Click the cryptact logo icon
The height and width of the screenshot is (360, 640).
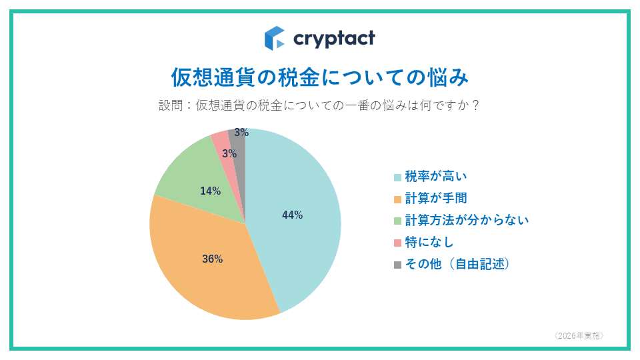(x=275, y=38)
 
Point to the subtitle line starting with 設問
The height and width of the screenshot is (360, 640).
(x=320, y=106)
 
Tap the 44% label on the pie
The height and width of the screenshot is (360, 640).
(x=292, y=215)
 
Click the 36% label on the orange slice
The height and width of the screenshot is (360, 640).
(x=212, y=259)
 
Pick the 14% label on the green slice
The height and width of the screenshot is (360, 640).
(x=210, y=191)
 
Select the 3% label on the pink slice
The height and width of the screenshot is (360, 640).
(x=229, y=154)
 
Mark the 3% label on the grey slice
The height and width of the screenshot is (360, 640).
(x=241, y=133)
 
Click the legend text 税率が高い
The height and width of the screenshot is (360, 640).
(x=436, y=177)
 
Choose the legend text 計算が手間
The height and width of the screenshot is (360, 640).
(x=436, y=198)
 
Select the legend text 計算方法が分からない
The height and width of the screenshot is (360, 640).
(x=467, y=219)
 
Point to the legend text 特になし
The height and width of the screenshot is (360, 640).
(x=429, y=241)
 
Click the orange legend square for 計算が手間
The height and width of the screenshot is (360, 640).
(x=398, y=199)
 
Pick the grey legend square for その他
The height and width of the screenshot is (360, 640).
(x=398, y=265)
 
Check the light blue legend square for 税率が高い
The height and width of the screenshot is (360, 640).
(x=398, y=177)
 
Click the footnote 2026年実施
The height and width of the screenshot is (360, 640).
(x=579, y=335)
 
